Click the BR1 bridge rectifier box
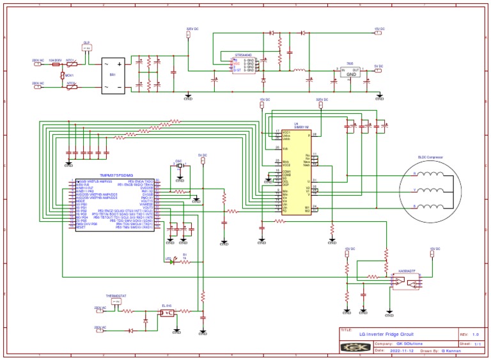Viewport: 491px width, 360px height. point(113,75)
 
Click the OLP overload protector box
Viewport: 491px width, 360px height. point(87,47)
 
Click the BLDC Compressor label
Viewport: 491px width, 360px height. point(430,157)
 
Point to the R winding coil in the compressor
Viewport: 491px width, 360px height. point(430,174)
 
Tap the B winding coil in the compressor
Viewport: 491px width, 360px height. point(430,206)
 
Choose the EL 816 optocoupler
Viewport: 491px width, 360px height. point(167,313)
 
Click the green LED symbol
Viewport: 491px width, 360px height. point(172,261)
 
